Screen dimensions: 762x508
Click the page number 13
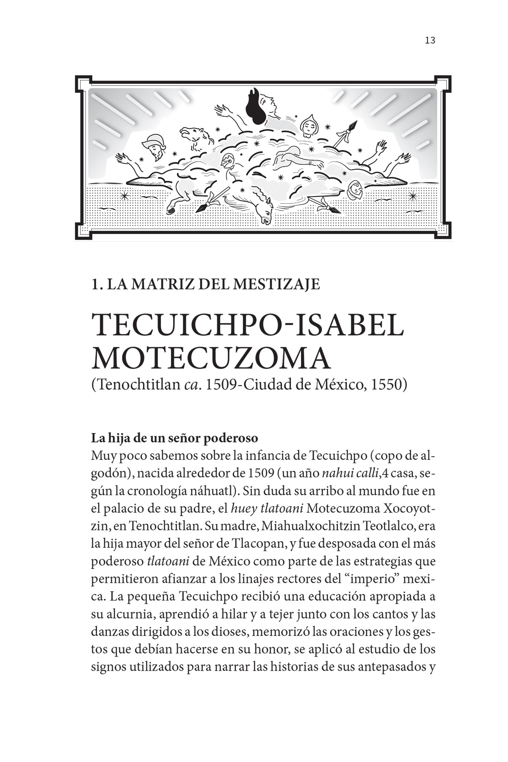pos(430,41)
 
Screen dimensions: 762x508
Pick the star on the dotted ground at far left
pos(125,196)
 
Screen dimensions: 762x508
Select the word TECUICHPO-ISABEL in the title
pos(248,326)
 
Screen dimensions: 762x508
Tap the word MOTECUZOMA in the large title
pos(210,359)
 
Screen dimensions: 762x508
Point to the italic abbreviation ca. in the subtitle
pos(192,385)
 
